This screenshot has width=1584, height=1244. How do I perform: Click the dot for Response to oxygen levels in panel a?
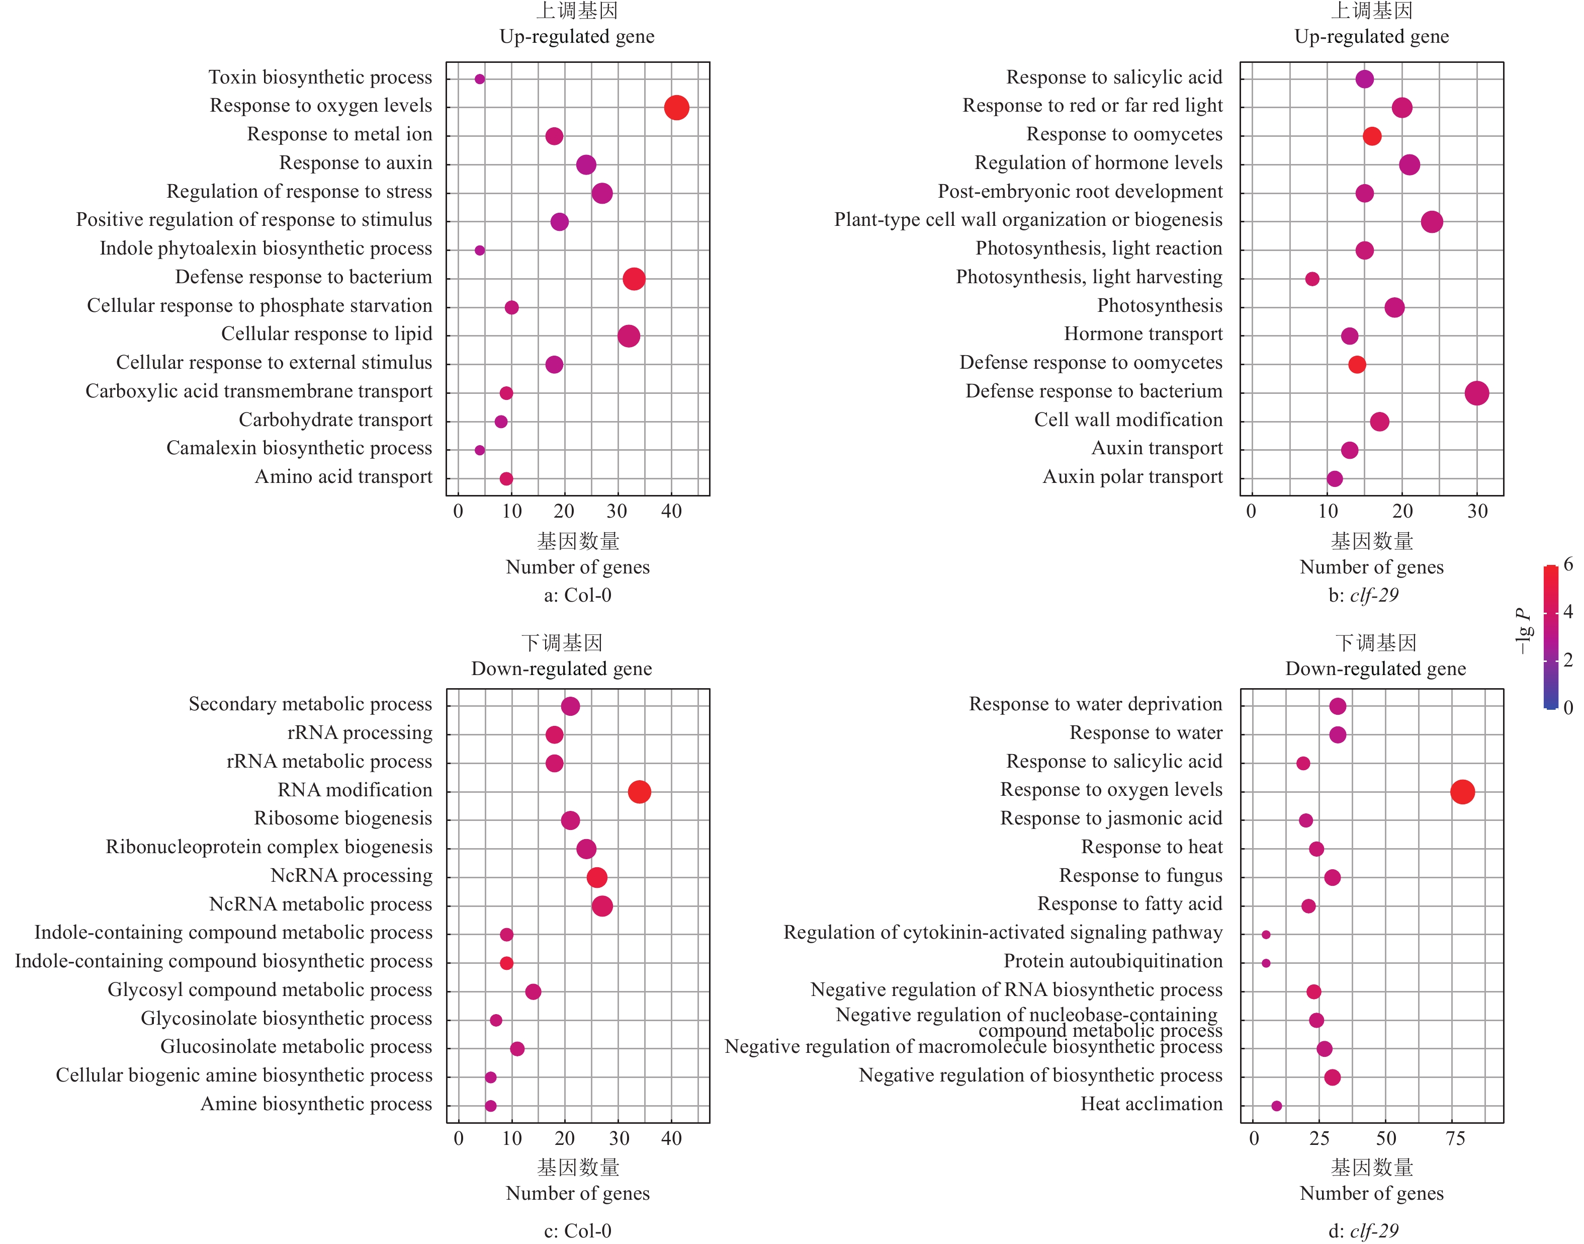click(676, 108)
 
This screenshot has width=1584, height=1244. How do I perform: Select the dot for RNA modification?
click(639, 792)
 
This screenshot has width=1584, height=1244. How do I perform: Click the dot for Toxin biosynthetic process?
click(480, 78)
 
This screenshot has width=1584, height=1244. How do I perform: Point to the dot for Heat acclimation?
click(1276, 1106)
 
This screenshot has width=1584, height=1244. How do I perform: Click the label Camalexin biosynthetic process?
click(299, 448)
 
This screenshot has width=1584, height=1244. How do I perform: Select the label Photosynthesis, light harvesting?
click(1089, 277)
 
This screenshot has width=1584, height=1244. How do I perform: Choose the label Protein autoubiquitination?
click(1113, 961)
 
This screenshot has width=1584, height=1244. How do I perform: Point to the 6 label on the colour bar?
click(1568, 564)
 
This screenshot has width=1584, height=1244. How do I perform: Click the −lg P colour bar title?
click(1522, 631)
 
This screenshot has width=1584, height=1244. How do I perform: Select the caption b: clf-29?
click(1363, 595)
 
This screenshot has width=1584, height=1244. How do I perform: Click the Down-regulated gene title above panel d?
click(1375, 669)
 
